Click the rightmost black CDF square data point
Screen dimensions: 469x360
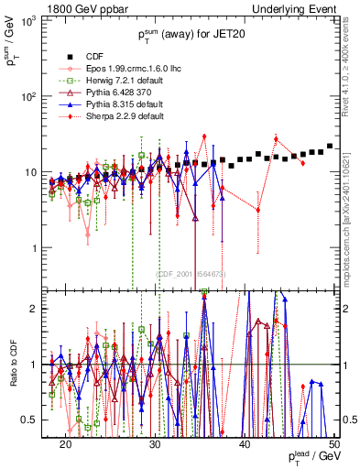[330, 147]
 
